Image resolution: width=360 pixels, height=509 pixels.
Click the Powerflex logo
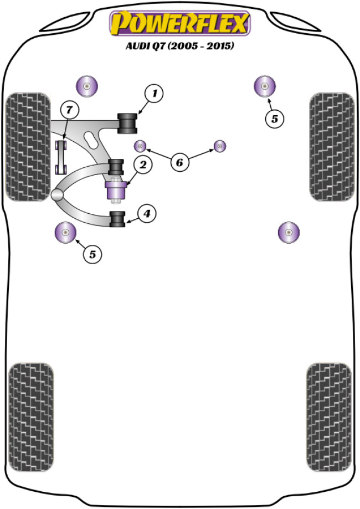click(180, 24)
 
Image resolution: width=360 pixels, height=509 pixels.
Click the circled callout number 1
click(155, 94)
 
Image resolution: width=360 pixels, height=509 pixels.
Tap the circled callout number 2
click(142, 164)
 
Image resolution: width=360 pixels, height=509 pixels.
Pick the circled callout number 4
click(147, 213)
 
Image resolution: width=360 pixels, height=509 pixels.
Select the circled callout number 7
click(69, 110)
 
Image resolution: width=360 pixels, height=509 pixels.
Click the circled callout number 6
click(179, 162)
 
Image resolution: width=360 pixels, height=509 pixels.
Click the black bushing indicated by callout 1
click(128, 122)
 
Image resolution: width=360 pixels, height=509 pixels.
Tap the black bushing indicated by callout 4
click(117, 219)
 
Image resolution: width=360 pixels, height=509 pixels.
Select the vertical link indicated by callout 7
click(61, 157)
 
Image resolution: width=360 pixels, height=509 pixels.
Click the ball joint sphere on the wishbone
click(56, 194)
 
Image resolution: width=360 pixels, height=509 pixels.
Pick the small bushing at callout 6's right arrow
click(221, 146)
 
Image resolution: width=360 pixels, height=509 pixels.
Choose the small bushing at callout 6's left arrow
click(141, 146)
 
